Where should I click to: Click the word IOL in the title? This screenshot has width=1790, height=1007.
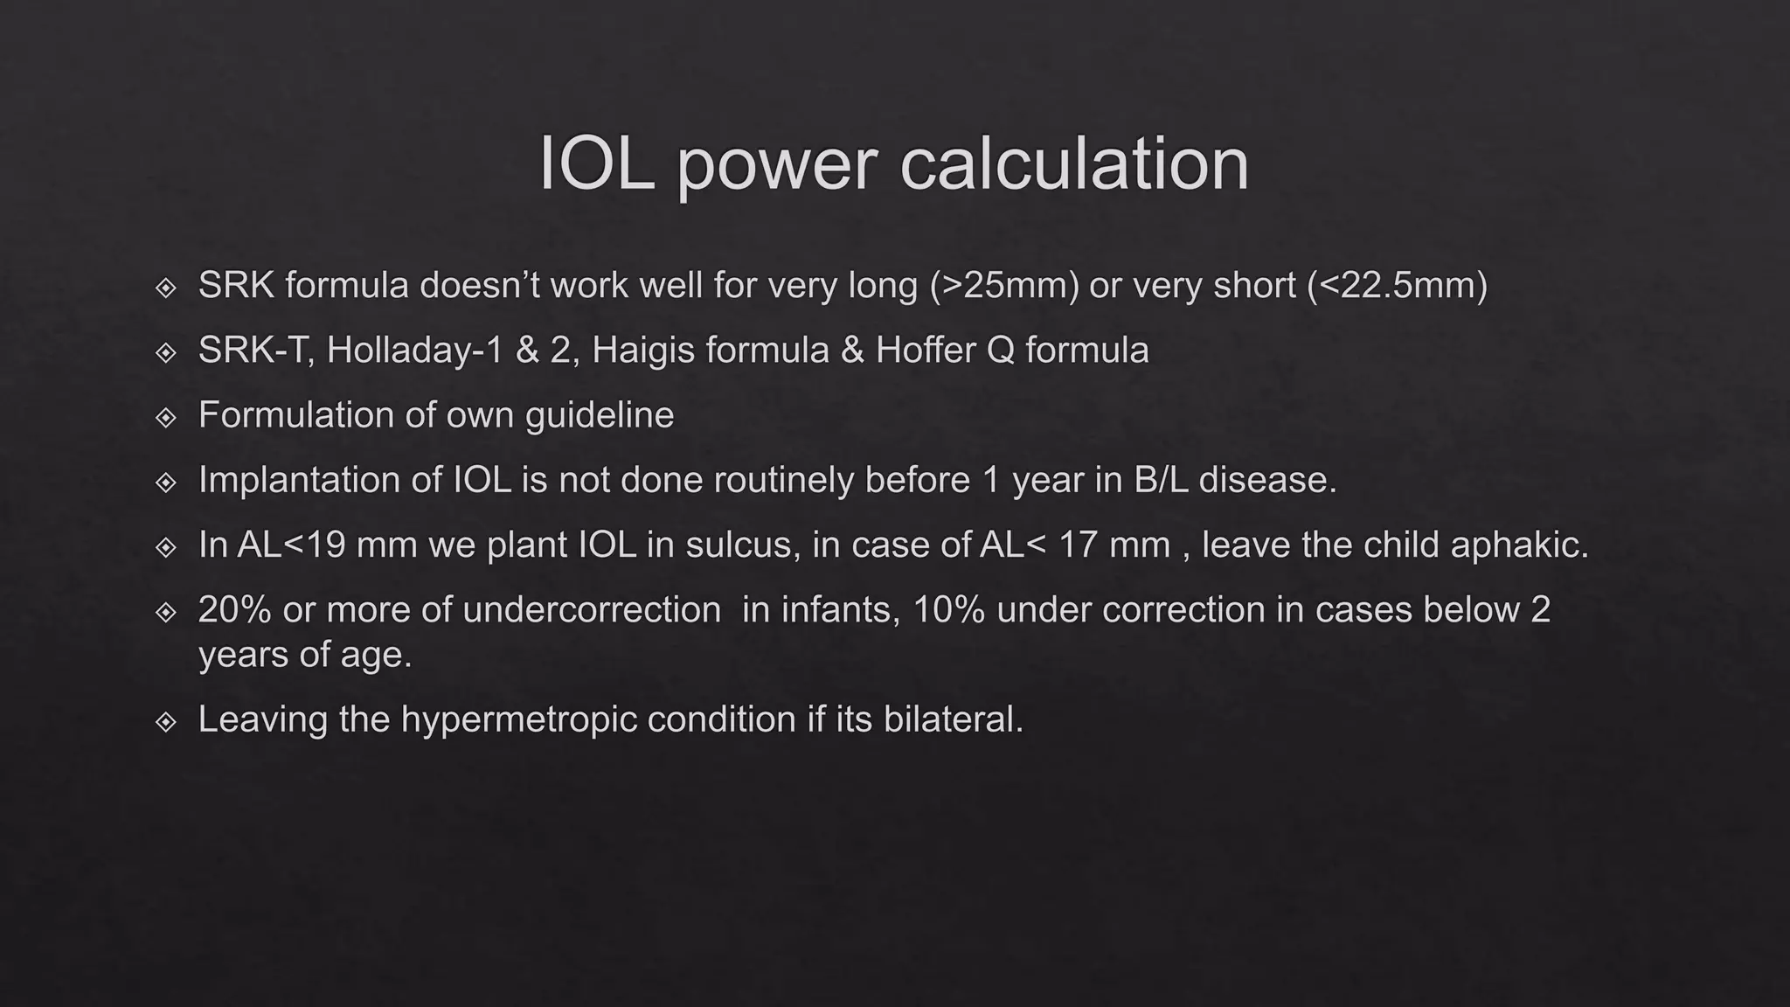click(x=596, y=163)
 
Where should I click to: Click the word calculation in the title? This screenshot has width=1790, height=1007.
click(x=1074, y=163)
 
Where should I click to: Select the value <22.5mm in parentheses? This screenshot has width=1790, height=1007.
click(x=1398, y=286)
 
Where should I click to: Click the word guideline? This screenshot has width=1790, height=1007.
click(x=600, y=415)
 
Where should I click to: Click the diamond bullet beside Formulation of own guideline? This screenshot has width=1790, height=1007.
click(x=166, y=417)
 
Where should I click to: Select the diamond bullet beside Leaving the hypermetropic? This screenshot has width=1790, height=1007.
click(x=166, y=721)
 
